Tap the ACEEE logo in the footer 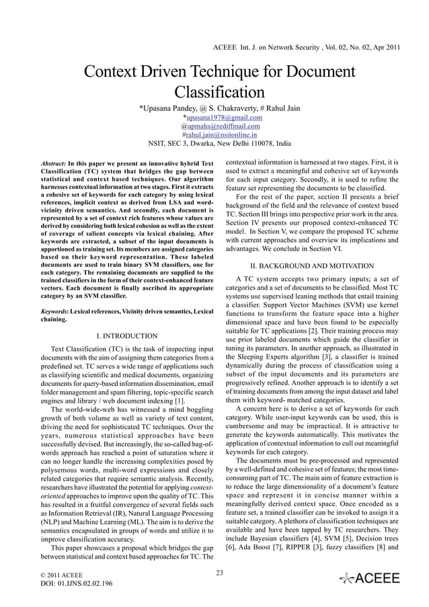(x=370, y=578)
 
